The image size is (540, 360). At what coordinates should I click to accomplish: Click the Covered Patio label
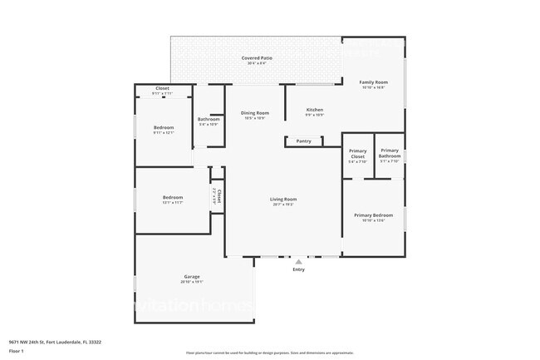pyautogui.click(x=257, y=58)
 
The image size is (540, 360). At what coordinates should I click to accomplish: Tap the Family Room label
pyautogui.click(x=373, y=82)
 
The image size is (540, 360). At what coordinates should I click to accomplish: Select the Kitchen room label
pyautogui.click(x=314, y=110)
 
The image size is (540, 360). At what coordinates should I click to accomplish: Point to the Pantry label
pyautogui.click(x=304, y=141)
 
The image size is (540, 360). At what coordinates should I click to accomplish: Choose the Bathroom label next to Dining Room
pyautogui.click(x=208, y=119)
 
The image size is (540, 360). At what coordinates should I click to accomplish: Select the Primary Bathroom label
pyautogui.click(x=390, y=154)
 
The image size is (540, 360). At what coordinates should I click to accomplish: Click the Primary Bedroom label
pyautogui.click(x=373, y=215)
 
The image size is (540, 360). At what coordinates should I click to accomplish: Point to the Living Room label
pyautogui.click(x=282, y=199)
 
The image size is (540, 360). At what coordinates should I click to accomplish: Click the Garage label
pyautogui.click(x=192, y=276)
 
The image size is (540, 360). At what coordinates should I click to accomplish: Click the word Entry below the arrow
pyautogui.click(x=299, y=269)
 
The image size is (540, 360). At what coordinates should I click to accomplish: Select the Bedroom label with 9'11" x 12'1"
pyautogui.click(x=163, y=127)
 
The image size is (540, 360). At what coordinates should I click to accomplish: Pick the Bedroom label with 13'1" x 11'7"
pyautogui.click(x=173, y=197)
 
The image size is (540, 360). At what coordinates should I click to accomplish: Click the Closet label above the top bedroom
pyautogui.click(x=163, y=88)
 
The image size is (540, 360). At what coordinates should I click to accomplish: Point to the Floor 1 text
pyautogui.click(x=17, y=351)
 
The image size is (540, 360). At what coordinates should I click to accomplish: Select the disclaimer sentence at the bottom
pyautogui.click(x=270, y=353)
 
